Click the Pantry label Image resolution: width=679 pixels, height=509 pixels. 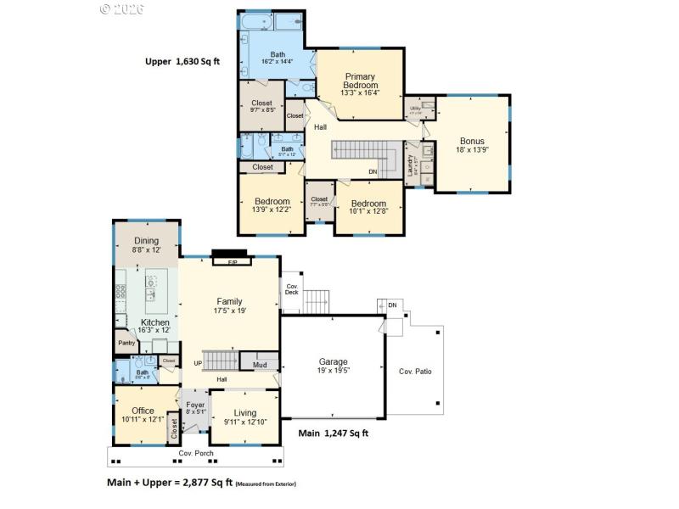pyautogui.click(x=126, y=343)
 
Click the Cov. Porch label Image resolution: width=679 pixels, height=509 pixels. pyautogui.click(x=195, y=453)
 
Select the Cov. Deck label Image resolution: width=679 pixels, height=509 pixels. pyautogui.click(x=291, y=288)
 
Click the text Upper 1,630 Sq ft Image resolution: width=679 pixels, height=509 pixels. pyautogui.click(x=183, y=61)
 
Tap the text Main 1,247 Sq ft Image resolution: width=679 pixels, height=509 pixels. pyautogui.click(x=333, y=433)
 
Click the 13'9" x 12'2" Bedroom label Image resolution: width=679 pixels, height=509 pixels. pyautogui.click(x=272, y=205)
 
